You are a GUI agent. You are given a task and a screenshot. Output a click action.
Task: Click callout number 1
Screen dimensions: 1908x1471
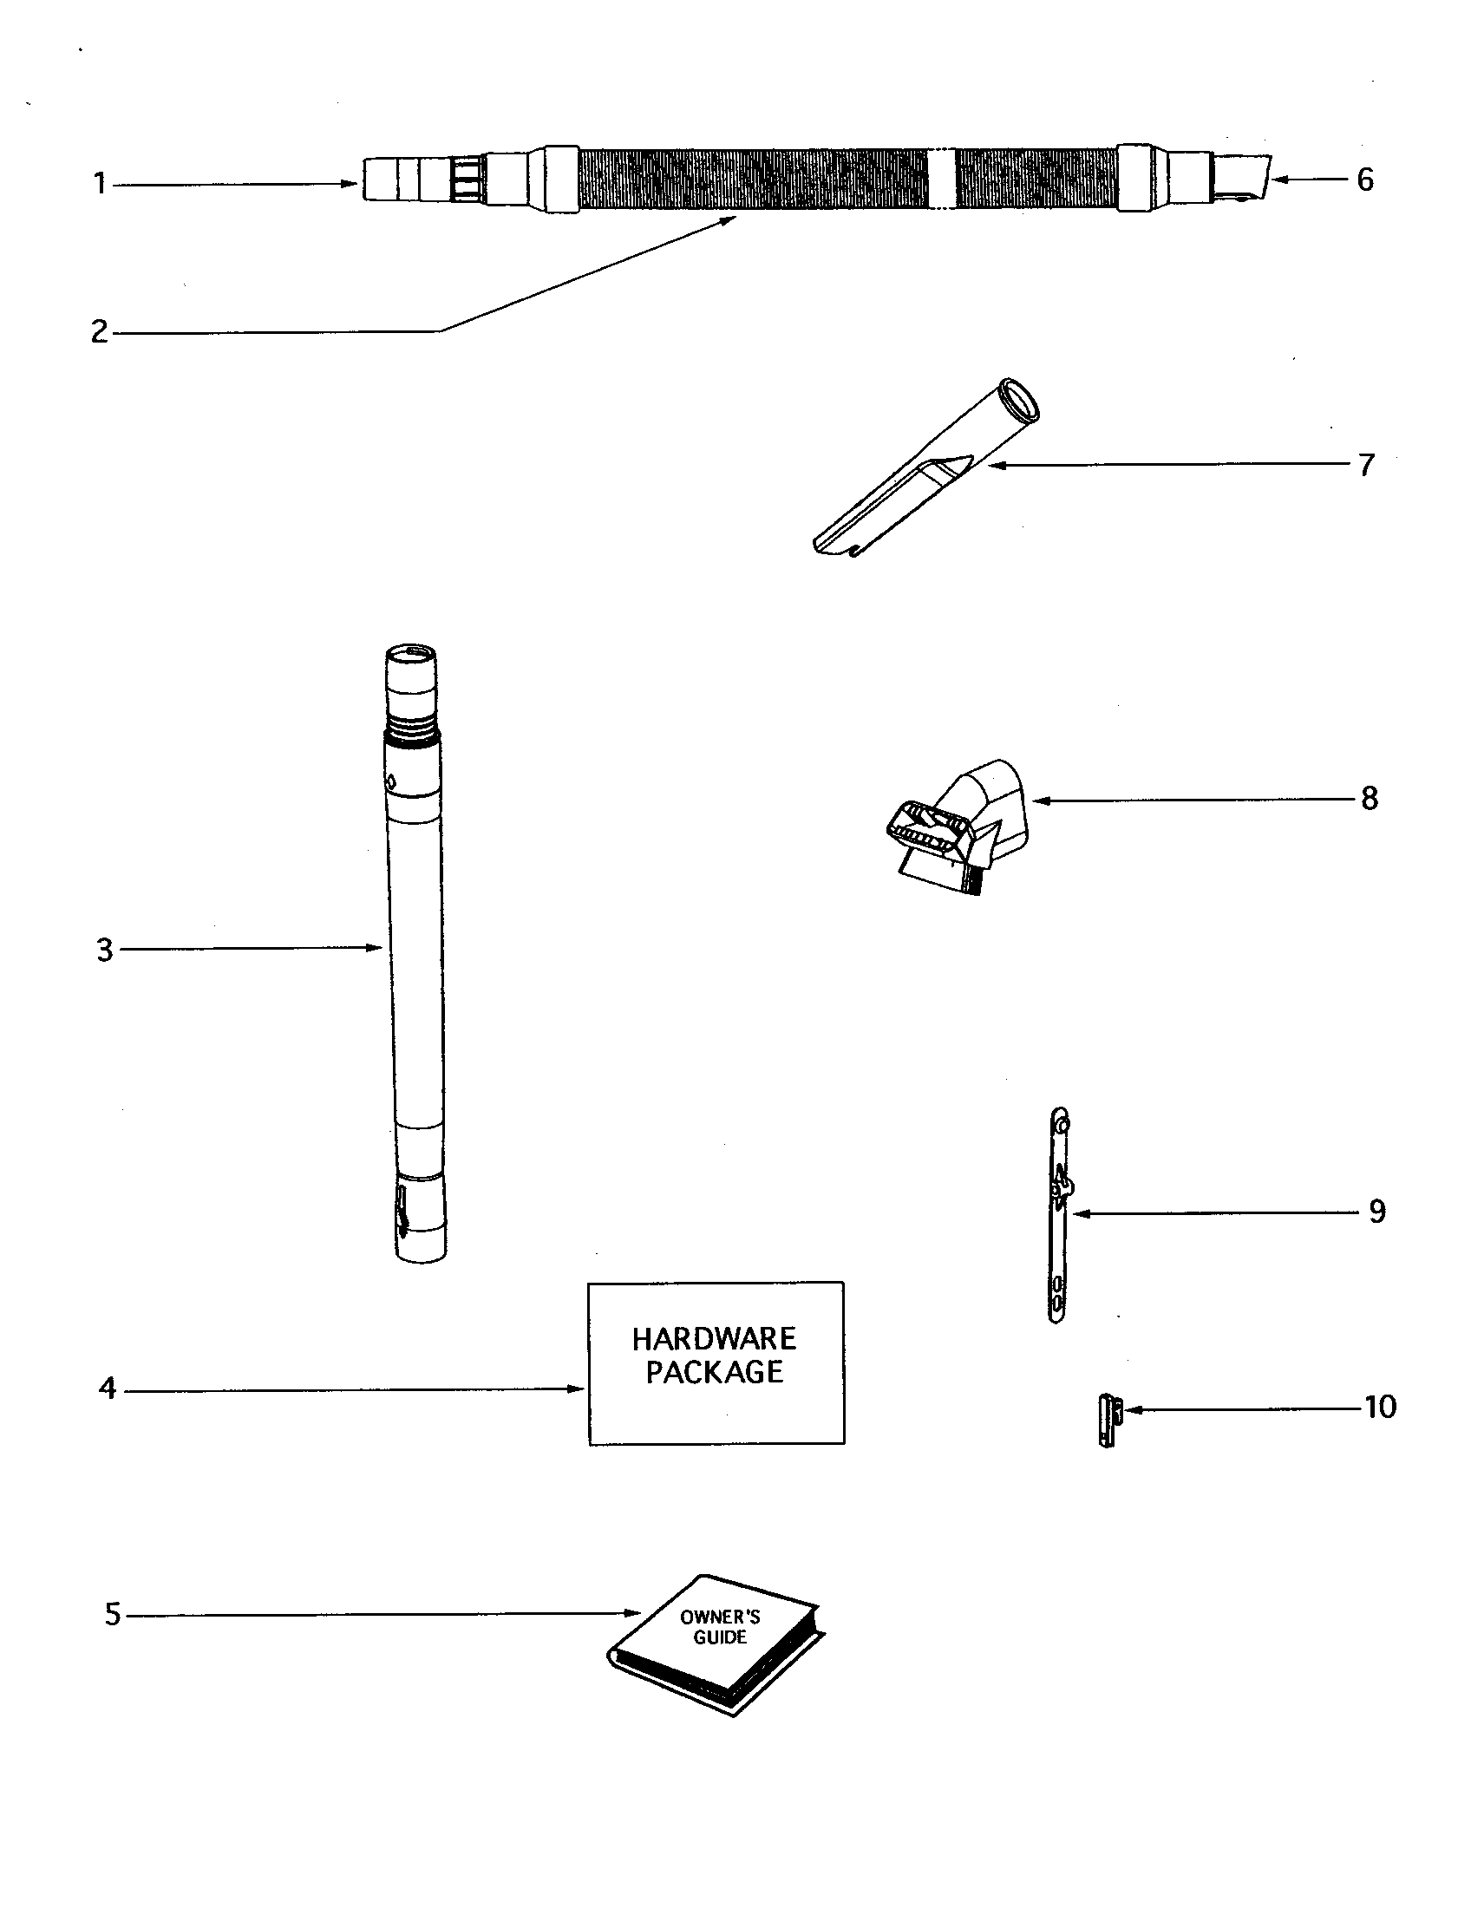100,184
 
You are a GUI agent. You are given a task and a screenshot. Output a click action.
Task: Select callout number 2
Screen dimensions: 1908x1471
100,332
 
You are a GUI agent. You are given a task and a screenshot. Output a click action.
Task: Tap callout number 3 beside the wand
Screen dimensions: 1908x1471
105,950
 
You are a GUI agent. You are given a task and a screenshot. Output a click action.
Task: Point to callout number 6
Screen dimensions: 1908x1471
1365,180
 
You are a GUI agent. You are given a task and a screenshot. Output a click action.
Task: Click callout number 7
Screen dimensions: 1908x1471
1367,465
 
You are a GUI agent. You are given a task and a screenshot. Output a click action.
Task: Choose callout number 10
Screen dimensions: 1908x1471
1380,1408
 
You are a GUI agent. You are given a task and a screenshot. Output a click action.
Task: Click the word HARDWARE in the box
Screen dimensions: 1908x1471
714,1339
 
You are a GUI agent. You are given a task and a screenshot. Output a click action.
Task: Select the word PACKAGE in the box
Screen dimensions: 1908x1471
714,1373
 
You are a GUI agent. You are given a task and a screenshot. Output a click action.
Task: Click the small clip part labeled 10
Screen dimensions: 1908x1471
1108,1421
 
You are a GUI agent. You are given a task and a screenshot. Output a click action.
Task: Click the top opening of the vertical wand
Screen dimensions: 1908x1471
410,652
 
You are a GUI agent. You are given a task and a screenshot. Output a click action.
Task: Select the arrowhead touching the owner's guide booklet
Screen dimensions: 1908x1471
635,1613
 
